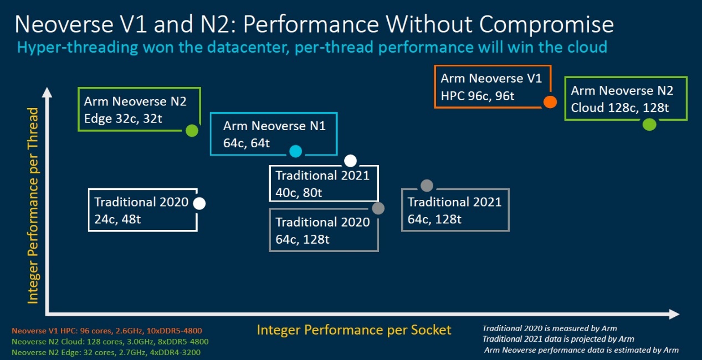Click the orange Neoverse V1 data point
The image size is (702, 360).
click(x=550, y=102)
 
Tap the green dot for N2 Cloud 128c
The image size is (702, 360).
click(x=649, y=125)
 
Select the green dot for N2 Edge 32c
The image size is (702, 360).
click(x=192, y=131)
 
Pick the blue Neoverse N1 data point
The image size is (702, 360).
click(x=295, y=151)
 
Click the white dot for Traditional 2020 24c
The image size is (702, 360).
click(x=199, y=203)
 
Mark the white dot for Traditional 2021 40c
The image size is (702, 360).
click(x=350, y=161)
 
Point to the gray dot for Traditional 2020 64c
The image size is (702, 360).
click(x=378, y=208)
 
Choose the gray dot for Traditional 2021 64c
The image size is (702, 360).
click(x=427, y=186)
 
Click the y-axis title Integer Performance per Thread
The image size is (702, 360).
click(x=33, y=206)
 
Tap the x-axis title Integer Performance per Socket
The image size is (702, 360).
click(x=354, y=330)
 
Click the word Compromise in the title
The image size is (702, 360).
click(x=546, y=24)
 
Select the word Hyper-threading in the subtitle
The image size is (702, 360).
click(x=78, y=48)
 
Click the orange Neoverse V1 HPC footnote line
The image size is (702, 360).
click(x=107, y=331)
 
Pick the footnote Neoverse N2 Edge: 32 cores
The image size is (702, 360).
click(x=106, y=352)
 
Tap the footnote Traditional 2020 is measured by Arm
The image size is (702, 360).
click(x=550, y=328)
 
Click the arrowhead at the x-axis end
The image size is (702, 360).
click(x=674, y=314)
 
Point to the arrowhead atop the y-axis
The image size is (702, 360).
click(x=47, y=92)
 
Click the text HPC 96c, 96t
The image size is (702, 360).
click(x=477, y=96)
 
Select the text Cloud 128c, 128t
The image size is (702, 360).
click(x=619, y=108)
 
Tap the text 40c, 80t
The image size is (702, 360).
click(x=299, y=193)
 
